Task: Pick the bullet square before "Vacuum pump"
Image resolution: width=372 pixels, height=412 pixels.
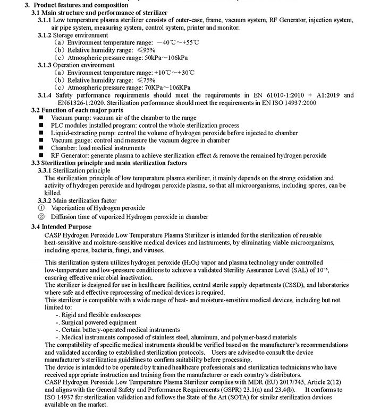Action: pyautogui.click(x=40, y=117)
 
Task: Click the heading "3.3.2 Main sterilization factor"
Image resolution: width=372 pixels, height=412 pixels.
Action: pyautogui.click(x=84, y=201)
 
